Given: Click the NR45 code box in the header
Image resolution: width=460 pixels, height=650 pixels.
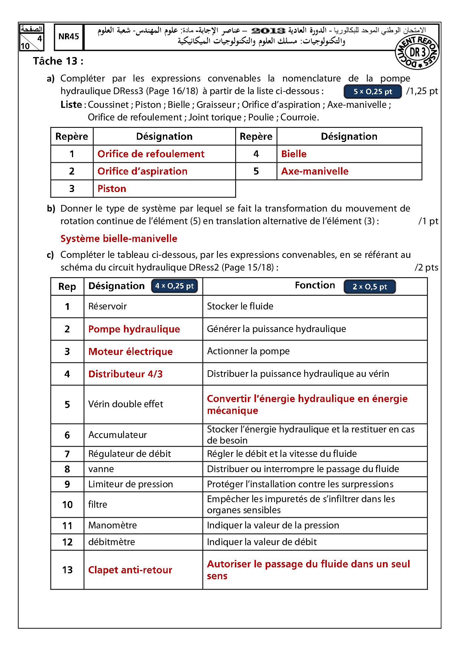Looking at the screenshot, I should pyautogui.click(x=69, y=36).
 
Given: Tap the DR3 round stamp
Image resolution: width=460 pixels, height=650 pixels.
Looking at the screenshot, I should pyautogui.click(x=417, y=53).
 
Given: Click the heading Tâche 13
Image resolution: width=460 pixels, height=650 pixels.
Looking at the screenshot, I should pyautogui.click(x=58, y=61).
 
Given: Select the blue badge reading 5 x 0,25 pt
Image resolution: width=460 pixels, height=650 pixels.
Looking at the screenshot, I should pyautogui.click(x=372, y=92).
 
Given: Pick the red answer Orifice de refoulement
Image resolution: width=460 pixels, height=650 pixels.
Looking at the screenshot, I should pyautogui.click(x=151, y=154).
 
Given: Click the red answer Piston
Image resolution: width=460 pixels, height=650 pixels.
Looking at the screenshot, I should pyautogui.click(x=112, y=189).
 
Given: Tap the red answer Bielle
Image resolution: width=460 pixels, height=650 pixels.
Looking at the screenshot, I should pyautogui.click(x=294, y=154).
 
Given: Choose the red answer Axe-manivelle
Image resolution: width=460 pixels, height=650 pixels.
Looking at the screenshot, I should pyautogui.click(x=315, y=171).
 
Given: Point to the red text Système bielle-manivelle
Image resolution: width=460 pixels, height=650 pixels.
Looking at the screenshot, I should pyautogui.click(x=119, y=238).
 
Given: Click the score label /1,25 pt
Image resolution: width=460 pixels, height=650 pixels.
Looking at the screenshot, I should pyautogui.click(x=422, y=91).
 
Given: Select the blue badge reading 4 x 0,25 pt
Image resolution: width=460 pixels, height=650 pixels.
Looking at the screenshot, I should pyautogui.click(x=174, y=286).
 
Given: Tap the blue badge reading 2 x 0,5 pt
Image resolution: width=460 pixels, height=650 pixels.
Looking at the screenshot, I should pyautogui.click(x=369, y=286).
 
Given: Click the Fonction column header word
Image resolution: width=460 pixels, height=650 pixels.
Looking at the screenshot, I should pyautogui.click(x=315, y=285).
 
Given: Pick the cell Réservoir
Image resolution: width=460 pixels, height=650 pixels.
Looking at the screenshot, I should pyautogui.click(x=108, y=306).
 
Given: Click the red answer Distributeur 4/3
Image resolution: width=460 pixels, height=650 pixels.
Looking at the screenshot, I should pyautogui.click(x=125, y=374).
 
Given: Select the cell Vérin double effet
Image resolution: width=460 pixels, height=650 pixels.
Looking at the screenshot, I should pyautogui.click(x=126, y=404).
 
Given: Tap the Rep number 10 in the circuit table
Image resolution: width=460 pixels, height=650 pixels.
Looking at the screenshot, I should pyautogui.click(x=68, y=505).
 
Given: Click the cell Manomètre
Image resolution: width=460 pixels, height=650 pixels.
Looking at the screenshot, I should pyautogui.click(x=112, y=525).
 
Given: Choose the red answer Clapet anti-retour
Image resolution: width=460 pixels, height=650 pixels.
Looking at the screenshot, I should pyautogui.click(x=130, y=570).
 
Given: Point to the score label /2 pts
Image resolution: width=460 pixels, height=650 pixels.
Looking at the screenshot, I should pyautogui.click(x=426, y=267).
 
